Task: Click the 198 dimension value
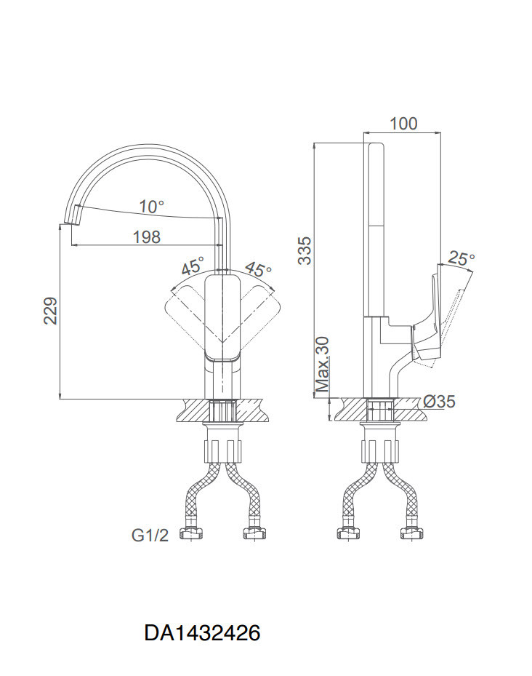click(147, 236)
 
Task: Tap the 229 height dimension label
click(51, 311)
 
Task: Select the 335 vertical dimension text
click(305, 250)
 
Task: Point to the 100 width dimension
click(403, 124)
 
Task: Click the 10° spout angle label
click(152, 207)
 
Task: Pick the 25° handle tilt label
click(462, 258)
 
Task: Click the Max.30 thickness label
click(322, 365)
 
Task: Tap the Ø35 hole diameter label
click(438, 402)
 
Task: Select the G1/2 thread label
click(150, 536)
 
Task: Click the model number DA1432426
click(202, 633)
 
